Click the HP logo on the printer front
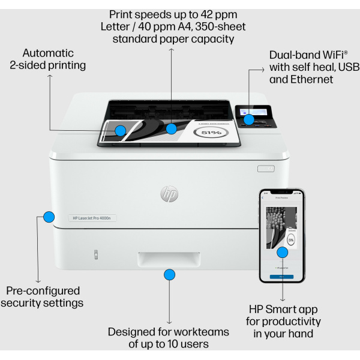(x=169, y=194)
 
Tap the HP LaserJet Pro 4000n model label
(x=91, y=218)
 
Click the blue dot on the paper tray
(x=169, y=275)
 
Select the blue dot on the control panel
(x=248, y=119)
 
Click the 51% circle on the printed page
(x=211, y=132)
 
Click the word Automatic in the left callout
(x=47, y=53)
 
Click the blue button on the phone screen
(x=281, y=277)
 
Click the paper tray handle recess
(x=169, y=259)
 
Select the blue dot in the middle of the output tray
(x=172, y=128)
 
